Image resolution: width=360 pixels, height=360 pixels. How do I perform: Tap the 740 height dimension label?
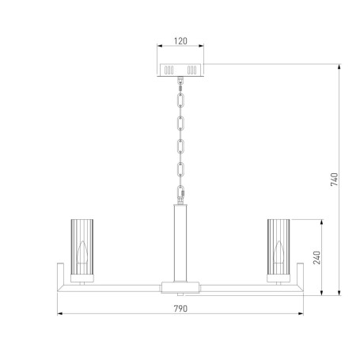335,180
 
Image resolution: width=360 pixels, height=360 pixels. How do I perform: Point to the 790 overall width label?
180,309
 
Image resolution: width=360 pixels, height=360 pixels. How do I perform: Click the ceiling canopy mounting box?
180,68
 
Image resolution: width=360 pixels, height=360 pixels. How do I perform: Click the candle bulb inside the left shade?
83,254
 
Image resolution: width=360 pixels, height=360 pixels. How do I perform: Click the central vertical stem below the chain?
180,241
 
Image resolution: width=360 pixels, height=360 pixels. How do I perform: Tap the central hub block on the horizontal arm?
180,286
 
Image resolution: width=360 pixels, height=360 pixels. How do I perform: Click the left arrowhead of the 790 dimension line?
62,316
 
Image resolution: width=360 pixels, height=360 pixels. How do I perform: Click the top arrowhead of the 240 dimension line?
322,220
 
